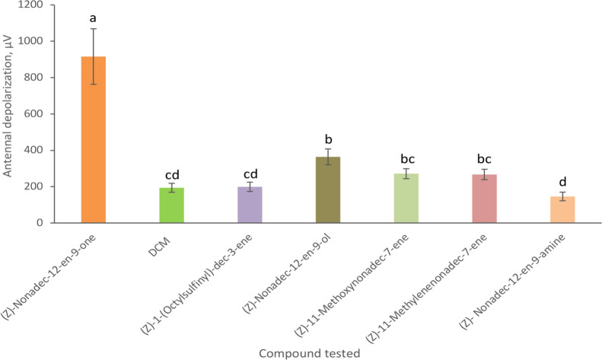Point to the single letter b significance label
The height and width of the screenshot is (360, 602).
328,139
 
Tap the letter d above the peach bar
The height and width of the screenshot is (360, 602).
562,183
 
